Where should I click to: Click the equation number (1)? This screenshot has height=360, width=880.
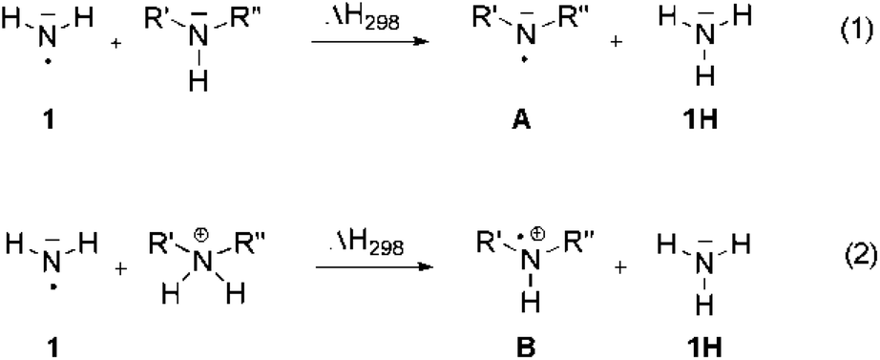pos(849,21)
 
